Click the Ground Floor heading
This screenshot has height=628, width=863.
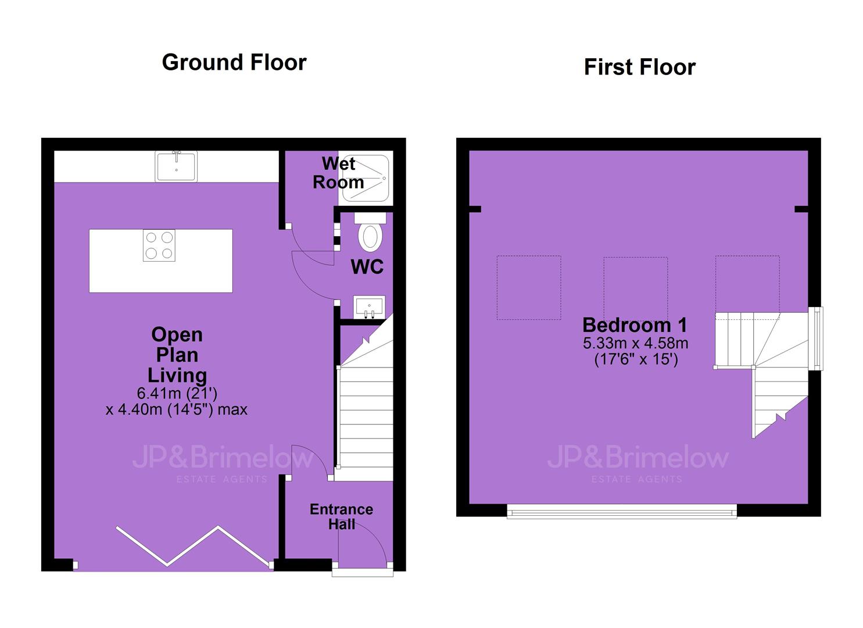pyautogui.click(x=234, y=62)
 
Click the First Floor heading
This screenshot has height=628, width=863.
pyautogui.click(x=640, y=67)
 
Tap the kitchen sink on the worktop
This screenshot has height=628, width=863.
pyautogui.click(x=176, y=166)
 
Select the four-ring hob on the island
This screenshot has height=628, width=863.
pyautogui.click(x=159, y=245)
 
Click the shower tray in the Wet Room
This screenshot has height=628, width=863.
pyautogui.click(x=366, y=178)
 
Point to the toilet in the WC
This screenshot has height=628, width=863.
pyautogui.click(x=370, y=232)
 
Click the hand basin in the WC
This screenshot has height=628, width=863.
pyautogui.click(x=370, y=307)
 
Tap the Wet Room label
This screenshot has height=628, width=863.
pyautogui.click(x=338, y=173)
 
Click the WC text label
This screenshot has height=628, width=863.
pyautogui.click(x=367, y=267)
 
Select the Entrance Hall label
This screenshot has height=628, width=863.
pyautogui.click(x=341, y=517)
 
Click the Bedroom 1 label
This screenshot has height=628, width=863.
pyautogui.click(x=635, y=325)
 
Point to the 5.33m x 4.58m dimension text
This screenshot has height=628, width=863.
pyautogui.click(x=636, y=342)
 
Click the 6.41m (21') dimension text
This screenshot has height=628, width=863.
pyautogui.click(x=177, y=393)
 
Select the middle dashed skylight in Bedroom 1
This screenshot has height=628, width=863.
pyautogui.click(x=635, y=288)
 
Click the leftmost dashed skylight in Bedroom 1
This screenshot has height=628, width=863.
pyautogui.click(x=529, y=288)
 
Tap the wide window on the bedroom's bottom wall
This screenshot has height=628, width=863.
pyautogui.click(x=622, y=511)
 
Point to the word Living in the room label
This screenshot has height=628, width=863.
pyautogui.click(x=177, y=376)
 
